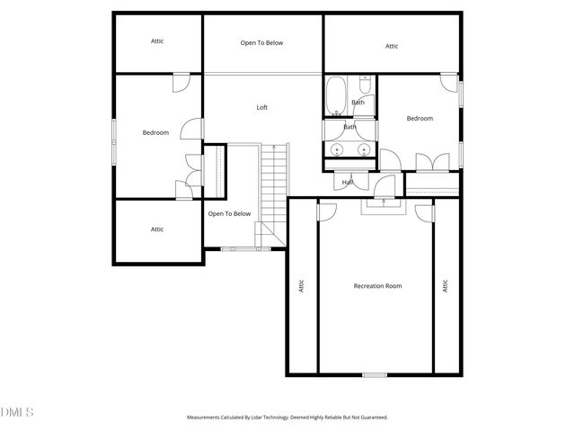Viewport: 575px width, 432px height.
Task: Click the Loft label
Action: click(262, 108)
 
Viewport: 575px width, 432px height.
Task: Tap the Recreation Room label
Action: click(377, 286)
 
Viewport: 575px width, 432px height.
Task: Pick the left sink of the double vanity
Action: click(335, 149)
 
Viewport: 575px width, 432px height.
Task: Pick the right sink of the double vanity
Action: click(364, 149)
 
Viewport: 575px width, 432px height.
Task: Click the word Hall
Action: click(349, 183)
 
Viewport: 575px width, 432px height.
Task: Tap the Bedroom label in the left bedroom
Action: click(155, 133)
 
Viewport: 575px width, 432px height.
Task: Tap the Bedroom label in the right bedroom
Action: click(420, 119)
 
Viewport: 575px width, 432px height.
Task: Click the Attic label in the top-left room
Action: click(157, 40)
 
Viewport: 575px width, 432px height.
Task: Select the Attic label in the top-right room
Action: click(392, 46)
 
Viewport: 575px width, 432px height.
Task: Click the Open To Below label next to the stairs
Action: click(228, 214)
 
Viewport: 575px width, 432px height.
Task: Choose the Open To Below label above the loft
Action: click(261, 42)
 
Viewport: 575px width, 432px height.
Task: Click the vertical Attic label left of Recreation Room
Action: click(302, 286)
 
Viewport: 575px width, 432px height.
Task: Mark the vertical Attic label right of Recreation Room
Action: click(445, 286)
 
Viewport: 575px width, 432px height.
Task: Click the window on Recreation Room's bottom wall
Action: click(375, 374)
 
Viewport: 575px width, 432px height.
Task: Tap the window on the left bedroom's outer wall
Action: click(113, 143)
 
